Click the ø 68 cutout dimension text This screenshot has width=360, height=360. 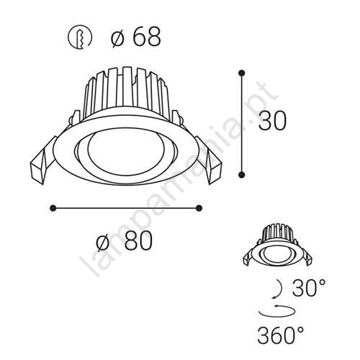click(136, 37)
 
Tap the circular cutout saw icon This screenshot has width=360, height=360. click(80, 37)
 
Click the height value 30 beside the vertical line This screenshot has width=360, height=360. click(272, 120)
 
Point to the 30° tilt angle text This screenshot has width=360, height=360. click(309, 287)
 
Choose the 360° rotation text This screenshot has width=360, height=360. click(281, 335)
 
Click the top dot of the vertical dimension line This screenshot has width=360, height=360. click(241, 73)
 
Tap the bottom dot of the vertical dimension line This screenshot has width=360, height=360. click(241, 174)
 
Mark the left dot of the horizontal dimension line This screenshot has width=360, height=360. click(53, 208)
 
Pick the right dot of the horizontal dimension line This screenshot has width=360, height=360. click(199, 208)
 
